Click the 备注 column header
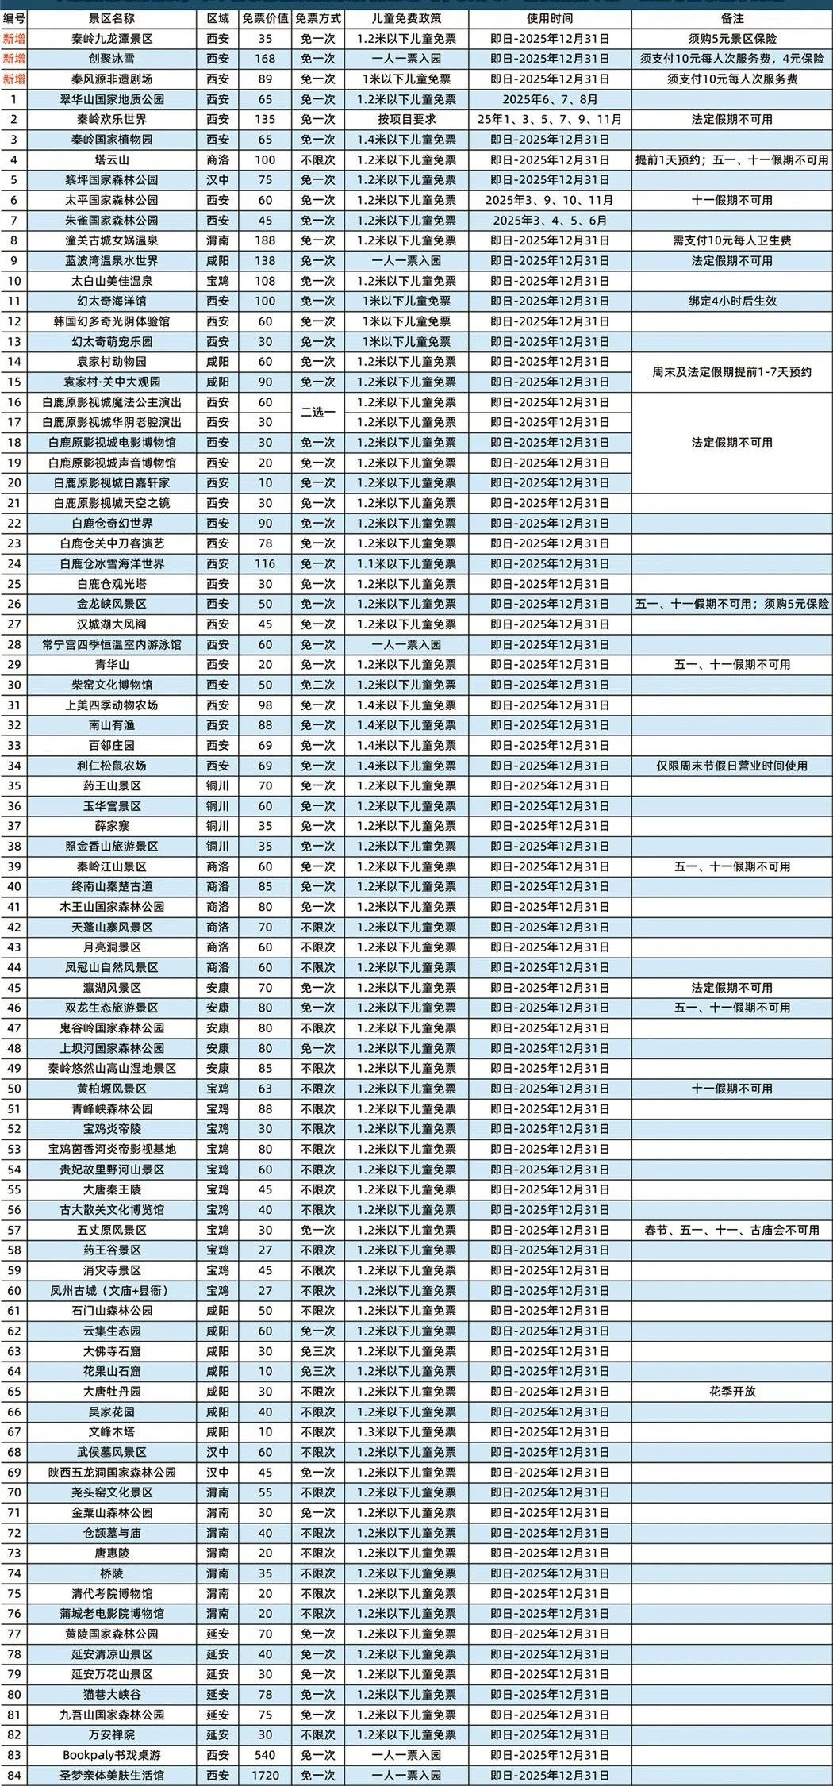731,18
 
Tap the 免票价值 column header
265,18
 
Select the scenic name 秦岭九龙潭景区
112,39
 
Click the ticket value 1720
265,1776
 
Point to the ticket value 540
265,1755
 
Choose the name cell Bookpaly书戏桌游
112,1755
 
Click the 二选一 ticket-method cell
318,413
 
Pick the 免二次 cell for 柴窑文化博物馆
318,685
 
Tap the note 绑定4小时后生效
731,302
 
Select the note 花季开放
731,1392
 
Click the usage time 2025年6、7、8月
550,99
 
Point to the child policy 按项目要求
406,120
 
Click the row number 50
14,1089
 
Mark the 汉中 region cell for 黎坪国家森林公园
217,180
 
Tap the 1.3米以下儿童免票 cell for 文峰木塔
406,1432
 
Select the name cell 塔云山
112,159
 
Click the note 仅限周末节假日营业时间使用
731,766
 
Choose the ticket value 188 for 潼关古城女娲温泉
265,240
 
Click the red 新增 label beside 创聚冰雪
14,59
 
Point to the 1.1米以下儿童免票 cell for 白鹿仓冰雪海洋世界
406,563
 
